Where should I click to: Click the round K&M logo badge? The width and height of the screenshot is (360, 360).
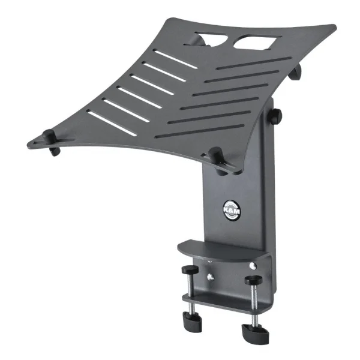pos(232,211)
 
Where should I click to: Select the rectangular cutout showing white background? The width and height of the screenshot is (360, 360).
pos(257,42)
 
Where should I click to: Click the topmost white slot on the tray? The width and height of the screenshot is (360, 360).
pos(176,59)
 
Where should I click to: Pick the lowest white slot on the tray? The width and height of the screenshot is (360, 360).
pos(112,124)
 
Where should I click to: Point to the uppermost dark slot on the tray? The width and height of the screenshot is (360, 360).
pos(254,63)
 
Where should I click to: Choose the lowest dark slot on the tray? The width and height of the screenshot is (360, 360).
pos(199,131)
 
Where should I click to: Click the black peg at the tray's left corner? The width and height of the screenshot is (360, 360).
pos(51,142)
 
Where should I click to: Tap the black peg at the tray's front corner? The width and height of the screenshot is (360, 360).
pos(217,160)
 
